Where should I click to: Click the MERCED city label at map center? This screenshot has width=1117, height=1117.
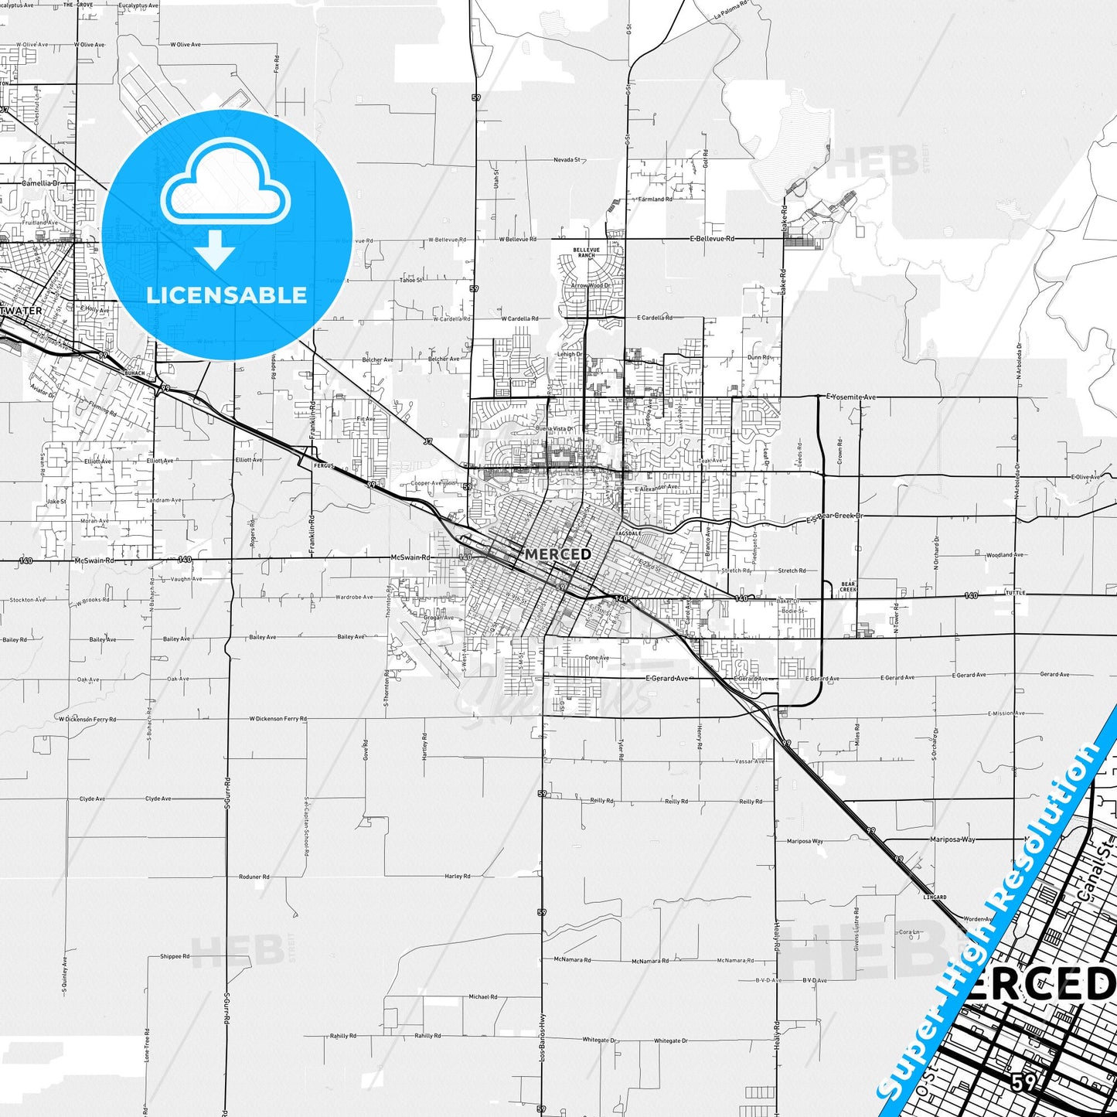tap(557, 554)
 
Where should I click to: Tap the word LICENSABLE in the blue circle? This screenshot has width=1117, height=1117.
tap(226, 295)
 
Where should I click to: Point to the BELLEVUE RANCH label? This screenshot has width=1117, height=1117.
tap(586, 253)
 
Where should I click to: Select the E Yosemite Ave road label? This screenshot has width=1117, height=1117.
tap(851, 397)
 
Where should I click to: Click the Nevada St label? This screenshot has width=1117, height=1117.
tap(567, 160)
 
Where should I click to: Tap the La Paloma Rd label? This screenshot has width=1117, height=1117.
tap(730, 9)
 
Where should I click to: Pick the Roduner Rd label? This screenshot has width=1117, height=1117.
tap(254, 877)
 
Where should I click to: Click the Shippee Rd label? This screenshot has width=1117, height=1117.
tap(175, 956)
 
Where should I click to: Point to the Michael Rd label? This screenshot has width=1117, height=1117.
tap(483, 997)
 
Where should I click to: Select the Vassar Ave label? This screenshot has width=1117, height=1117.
tap(750, 761)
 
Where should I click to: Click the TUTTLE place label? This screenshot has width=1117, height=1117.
tap(1015, 593)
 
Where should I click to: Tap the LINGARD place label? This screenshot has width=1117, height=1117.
tap(935, 897)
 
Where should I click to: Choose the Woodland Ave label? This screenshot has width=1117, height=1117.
tap(1004, 555)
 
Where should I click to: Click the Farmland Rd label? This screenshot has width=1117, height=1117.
tap(655, 199)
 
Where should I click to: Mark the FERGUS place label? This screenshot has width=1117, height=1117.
tap(323, 466)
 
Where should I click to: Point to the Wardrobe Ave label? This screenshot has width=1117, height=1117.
tap(355, 597)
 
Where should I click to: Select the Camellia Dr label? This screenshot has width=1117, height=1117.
tap(40, 183)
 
